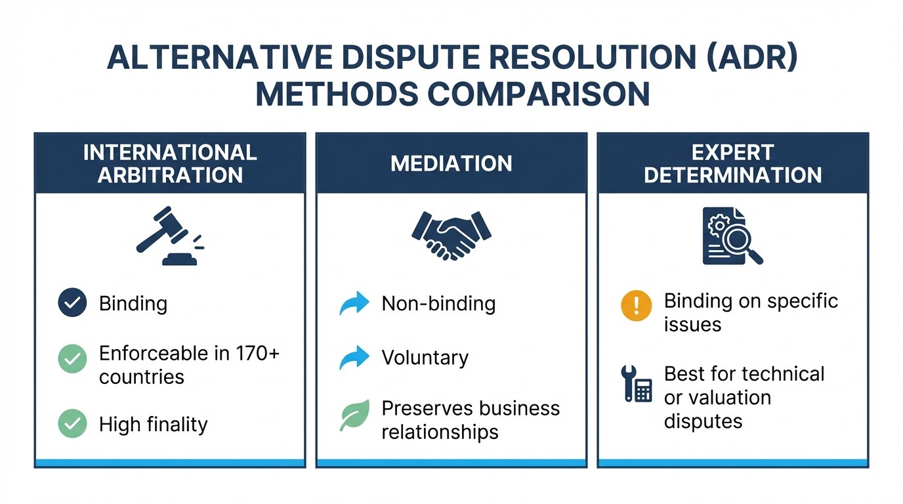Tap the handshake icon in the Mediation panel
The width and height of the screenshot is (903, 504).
[x=451, y=235]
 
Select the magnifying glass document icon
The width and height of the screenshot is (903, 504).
[x=732, y=236]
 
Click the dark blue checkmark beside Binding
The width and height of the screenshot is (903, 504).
[x=72, y=303]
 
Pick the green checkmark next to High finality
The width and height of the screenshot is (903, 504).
[x=72, y=424]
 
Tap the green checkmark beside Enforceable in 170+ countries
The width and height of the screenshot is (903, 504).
[x=72, y=360]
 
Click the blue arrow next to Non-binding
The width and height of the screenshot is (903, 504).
[x=354, y=304]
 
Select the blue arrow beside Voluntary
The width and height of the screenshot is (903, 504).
[x=354, y=358]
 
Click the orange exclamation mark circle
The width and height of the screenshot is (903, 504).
[x=636, y=306]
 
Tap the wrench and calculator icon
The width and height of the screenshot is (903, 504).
[x=636, y=385]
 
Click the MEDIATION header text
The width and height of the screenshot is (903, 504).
[x=451, y=163]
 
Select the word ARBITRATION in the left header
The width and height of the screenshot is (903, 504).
[x=170, y=175]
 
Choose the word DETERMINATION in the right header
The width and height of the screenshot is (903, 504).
[x=733, y=175]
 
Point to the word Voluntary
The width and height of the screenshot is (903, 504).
[x=425, y=358]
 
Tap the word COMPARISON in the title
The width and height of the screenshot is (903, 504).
[x=538, y=95]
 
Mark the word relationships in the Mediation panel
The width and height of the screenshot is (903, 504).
[x=440, y=432]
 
